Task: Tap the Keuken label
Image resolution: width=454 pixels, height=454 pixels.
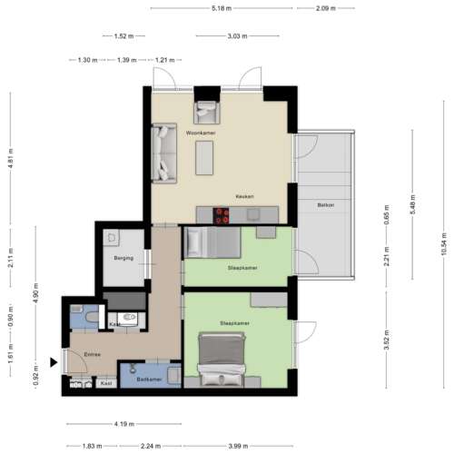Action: (x=244, y=197)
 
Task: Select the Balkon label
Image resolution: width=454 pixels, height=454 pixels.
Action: (x=326, y=205)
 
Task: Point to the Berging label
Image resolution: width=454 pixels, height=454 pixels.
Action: (x=123, y=258)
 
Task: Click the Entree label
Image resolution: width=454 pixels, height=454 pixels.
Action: (x=91, y=354)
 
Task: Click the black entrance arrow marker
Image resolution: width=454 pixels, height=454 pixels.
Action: (x=54, y=363)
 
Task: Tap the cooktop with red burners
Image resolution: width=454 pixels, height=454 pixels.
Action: (x=222, y=215)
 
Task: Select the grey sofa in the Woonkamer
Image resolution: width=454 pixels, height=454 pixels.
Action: (x=164, y=152)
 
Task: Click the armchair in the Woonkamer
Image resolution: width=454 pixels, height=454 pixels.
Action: (x=204, y=112)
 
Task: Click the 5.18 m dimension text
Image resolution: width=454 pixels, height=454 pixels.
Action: (x=221, y=8)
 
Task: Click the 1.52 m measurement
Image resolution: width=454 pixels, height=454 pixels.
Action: (x=124, y=36)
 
